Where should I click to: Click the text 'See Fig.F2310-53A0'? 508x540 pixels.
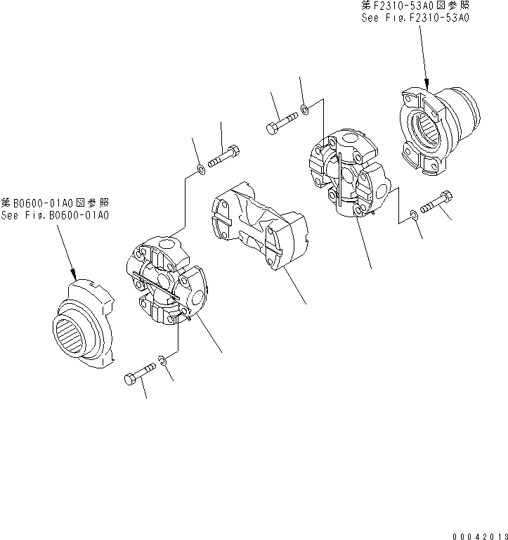pos(415,18)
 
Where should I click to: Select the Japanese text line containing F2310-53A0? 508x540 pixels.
pos(415,6)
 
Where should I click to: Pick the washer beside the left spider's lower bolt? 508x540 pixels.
pos(162,361)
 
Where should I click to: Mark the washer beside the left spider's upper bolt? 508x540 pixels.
pos(201,169)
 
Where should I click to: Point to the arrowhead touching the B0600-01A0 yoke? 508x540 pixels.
pos(73,276)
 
